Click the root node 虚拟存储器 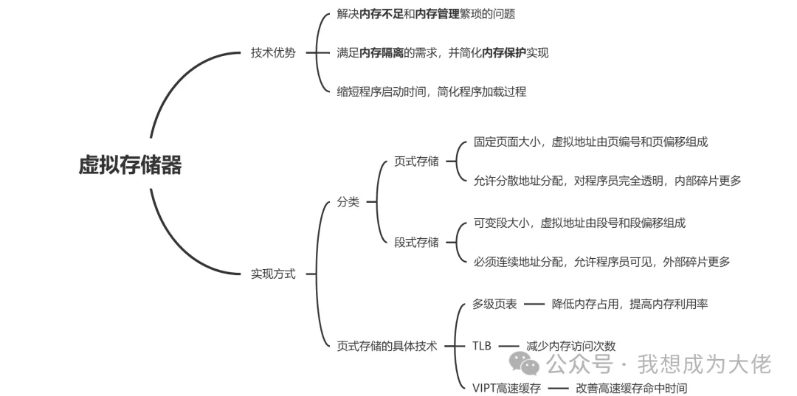(130, 165)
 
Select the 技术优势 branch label (273, 53)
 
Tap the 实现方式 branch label (273, 274)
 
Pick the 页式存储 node (416, 161)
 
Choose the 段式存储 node (416, 242)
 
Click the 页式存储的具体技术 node (387, 345)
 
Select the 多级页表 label (494, 304)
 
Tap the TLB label (482, 345)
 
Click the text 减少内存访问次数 (570, 345)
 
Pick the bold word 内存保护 (504, 53)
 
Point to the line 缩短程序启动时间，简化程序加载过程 (431, 92)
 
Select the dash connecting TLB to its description (509, 345)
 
